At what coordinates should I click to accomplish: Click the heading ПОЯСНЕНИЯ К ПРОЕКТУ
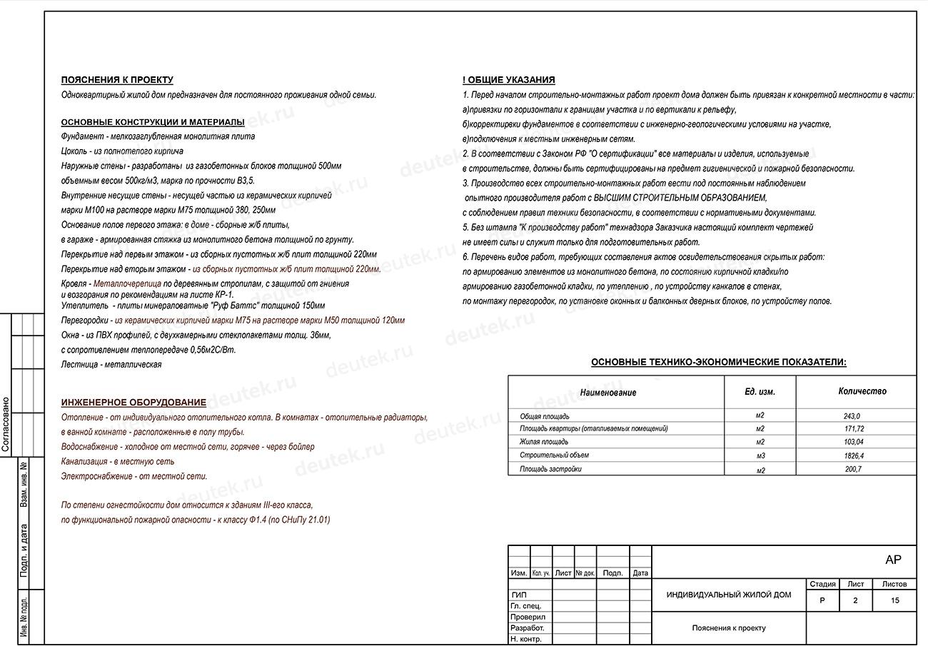point(117,80)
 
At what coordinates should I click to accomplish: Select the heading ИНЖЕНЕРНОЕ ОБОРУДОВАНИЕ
point(133,403)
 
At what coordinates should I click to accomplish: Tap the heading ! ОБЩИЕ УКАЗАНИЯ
point(508,80)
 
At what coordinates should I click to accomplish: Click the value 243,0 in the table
point(852,416)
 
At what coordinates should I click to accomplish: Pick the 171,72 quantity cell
point(853,429)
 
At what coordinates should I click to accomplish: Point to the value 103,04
point(853,443)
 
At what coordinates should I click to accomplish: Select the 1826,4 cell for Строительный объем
point(853,455)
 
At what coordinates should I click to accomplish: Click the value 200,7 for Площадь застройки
point(853,469)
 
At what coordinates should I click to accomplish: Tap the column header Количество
point(862,391)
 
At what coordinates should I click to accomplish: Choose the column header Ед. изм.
point(760,392)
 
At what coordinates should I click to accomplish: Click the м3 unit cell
point(760,455)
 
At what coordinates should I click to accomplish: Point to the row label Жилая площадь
point(544,443)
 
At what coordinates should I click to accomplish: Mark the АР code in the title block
point(892,560)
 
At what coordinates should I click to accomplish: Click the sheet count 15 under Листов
point(894,600)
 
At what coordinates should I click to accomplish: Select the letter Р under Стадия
point(822,600)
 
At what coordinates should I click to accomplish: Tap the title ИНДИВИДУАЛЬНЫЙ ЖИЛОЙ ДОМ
point(728,595)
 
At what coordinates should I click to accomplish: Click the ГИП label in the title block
point(519,595)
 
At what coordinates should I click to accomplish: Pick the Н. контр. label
point(525,640)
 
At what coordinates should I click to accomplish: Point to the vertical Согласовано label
point(6,424)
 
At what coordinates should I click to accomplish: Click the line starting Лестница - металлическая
point(111,365)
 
